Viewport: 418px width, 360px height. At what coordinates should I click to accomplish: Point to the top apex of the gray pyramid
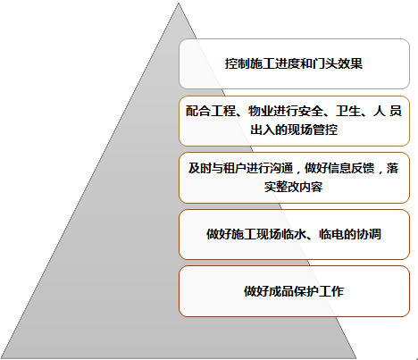(179, 3)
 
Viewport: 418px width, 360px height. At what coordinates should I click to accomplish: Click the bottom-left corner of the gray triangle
(1, 358)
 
